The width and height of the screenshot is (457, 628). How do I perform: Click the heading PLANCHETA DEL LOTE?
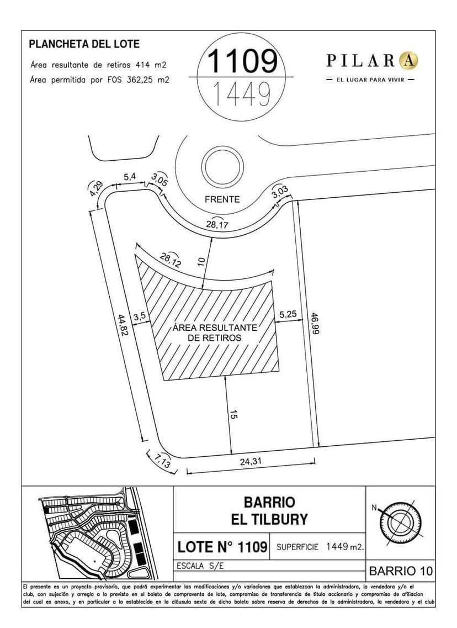tap(84, 44)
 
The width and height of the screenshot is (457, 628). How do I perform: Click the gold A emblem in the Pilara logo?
tap(409, 60)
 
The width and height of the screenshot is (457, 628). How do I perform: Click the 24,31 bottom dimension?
tap(251, 463)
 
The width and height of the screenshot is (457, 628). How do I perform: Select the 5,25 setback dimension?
tap(288, 314)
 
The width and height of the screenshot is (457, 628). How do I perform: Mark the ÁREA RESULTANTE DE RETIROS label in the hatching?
tap(214, 332)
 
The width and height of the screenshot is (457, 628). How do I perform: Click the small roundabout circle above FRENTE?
tap(222, 166)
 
